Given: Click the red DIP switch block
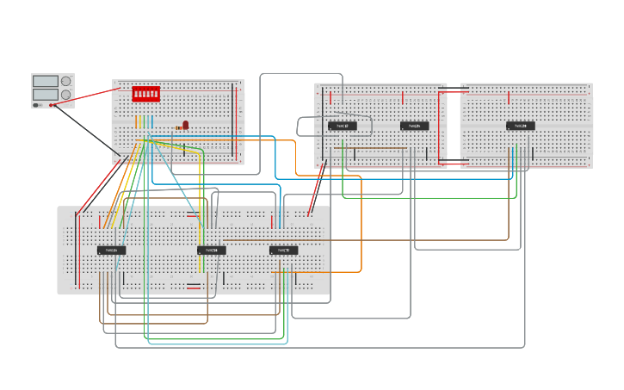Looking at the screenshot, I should click(x=146, y=93).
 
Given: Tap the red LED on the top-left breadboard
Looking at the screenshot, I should click(x=185, y=125).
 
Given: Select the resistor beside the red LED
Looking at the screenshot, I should click(x=178, y=128).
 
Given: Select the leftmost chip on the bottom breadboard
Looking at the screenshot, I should click(x=112, y=251).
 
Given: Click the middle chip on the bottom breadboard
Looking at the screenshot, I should click(x=212, y=251).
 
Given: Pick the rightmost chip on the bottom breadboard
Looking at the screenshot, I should click(x=283, y=251).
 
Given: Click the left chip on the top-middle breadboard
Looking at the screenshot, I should click(x=342, y=126).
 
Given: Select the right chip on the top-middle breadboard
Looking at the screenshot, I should click(x=414, y=126).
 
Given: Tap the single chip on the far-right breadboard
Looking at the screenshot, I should click(x=520, y=126).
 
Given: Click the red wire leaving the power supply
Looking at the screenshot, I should click(x=86, y=96).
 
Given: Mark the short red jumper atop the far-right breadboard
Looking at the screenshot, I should click(x=509, y=97).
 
